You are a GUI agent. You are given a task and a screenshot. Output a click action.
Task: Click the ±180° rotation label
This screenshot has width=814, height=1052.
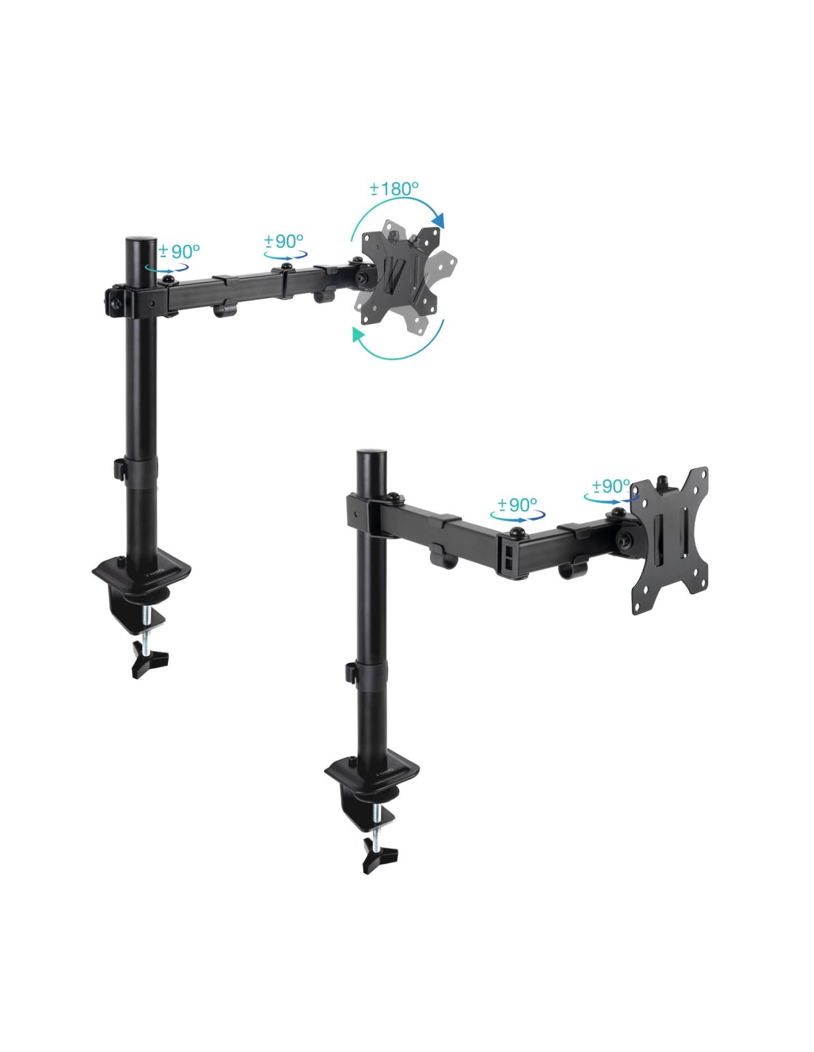(x=394, y=189)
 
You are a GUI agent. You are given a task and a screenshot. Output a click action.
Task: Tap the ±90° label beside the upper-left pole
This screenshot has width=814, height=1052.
(x=179, y=251)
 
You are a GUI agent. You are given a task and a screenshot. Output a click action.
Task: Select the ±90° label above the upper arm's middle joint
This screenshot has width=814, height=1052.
(x=283, y=240)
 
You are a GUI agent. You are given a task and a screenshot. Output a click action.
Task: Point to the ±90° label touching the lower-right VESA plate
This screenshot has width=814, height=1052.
(x=611, y=485)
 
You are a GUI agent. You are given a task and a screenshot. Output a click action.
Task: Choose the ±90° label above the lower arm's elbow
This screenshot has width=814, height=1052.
(x=517, y=505)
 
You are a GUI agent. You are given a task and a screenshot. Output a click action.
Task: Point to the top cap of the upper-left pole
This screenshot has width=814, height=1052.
(x=141, y=240)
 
